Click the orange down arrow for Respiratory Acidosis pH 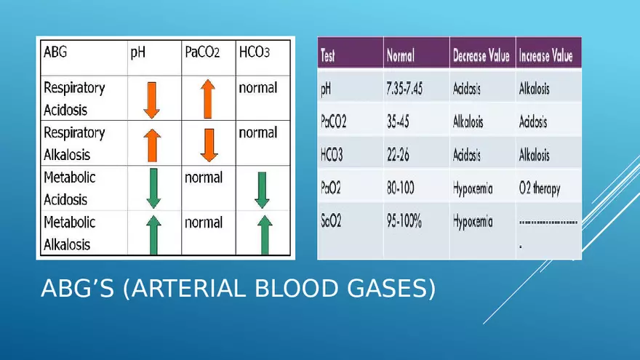152,100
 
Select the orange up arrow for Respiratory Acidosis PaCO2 208,99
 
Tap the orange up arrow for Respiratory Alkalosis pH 152,145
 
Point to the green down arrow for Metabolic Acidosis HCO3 262,191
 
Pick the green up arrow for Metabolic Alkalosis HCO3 265,235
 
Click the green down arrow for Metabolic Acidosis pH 153,188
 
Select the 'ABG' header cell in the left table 55,52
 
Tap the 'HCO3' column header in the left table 255,52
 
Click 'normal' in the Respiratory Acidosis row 258,88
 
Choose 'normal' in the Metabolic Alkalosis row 203,223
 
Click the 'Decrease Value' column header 481,55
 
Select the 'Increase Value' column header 545,55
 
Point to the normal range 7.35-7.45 404,89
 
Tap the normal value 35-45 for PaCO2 398,121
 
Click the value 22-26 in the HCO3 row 398,155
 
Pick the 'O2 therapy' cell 540,189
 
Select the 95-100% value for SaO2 404,221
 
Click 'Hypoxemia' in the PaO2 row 473,189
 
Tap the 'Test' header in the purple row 328,56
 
